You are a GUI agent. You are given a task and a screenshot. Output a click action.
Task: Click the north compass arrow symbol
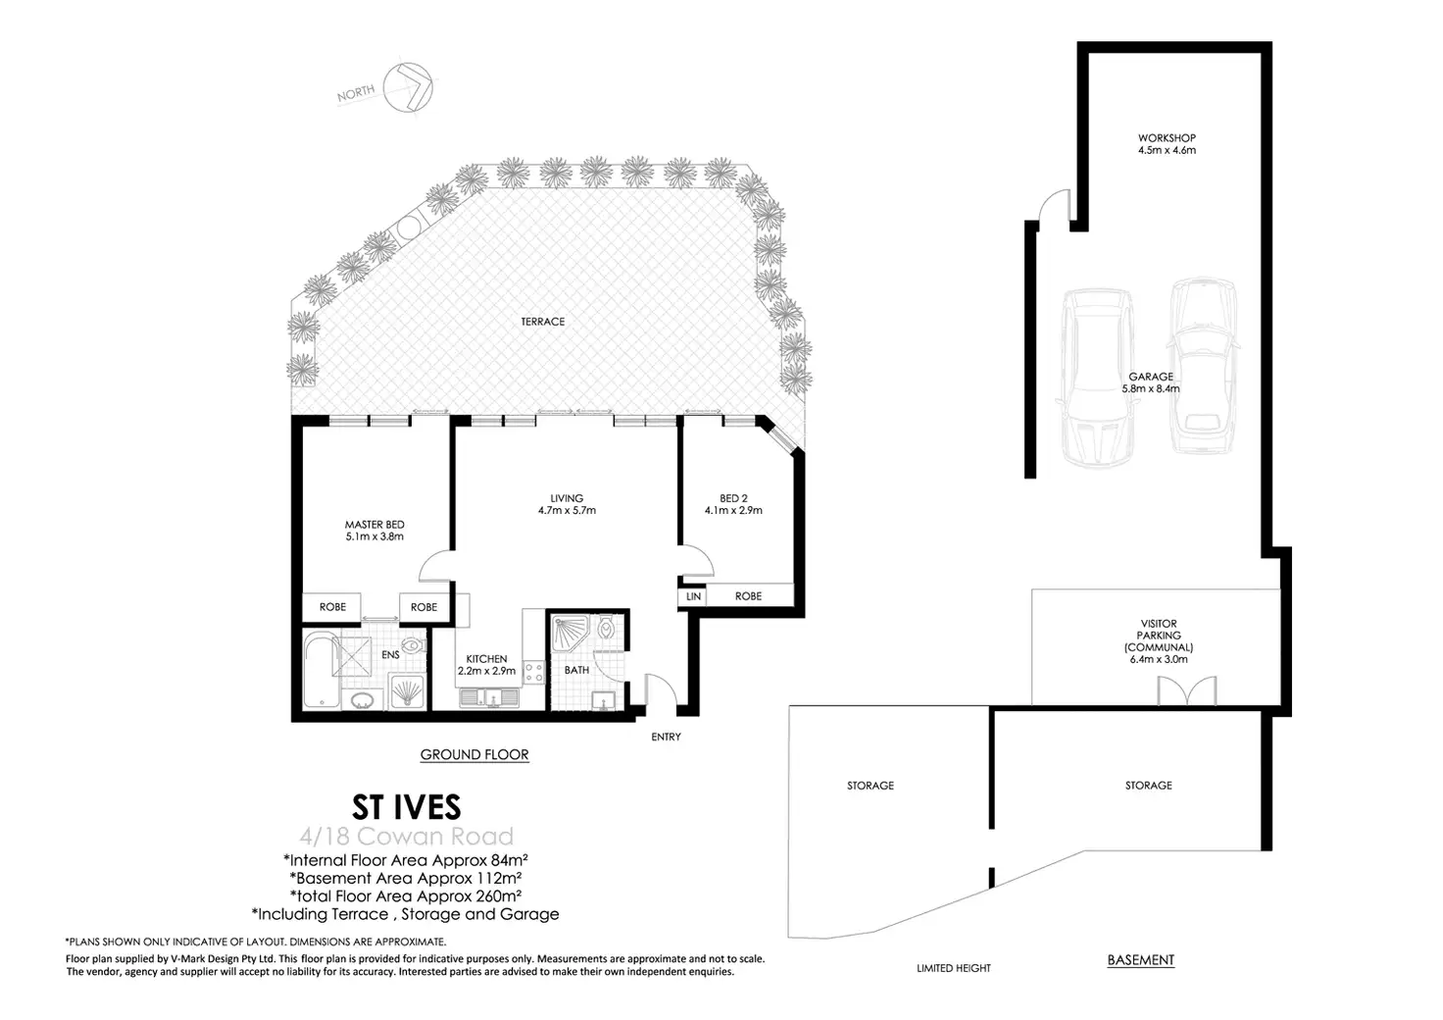coord(410,87)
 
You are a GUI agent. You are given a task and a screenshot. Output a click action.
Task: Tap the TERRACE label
coord(543,322)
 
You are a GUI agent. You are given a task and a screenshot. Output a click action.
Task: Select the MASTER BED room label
coord(374,525)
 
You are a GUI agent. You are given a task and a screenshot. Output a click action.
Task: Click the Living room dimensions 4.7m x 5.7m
coord(567,511)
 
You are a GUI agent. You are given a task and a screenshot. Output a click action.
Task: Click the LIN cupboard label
coord(693,596)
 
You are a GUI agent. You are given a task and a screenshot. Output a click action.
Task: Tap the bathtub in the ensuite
coord(321,670)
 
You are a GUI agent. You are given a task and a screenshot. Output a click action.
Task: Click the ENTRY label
coord(666,737)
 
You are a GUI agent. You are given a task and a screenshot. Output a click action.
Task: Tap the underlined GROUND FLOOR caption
coord(474,755)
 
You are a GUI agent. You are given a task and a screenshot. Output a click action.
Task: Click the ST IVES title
coord(406,807)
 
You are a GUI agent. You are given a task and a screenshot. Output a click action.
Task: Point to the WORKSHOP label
coord(1167,138)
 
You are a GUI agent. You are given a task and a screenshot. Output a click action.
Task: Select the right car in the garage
coord(1202,365)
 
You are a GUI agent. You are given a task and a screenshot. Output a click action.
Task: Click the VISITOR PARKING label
coord(1159,636)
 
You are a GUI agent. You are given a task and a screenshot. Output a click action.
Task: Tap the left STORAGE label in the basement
coord(871,786)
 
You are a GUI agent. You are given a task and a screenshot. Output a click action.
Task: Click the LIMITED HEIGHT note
coord(953,968)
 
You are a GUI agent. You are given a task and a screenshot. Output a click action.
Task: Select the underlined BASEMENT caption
coord(1140,960)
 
